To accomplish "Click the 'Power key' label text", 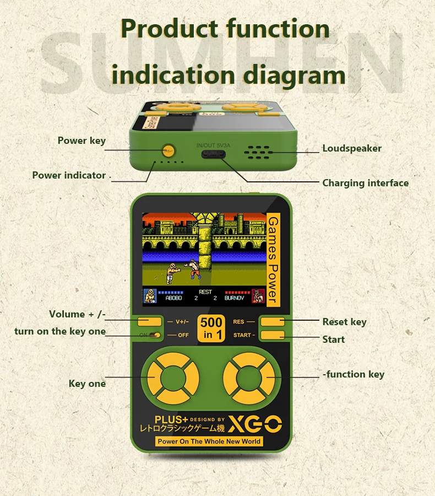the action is (x=81, y=141).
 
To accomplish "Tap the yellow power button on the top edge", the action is (x=168, y=149).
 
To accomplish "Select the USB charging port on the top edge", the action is (x=213, y=155).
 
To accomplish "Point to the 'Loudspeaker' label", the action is (x=351, y=148).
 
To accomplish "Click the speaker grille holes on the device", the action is (x=258, y=152).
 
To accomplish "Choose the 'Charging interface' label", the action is (x=365, y=183).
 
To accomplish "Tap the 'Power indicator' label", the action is (x=69, y=175).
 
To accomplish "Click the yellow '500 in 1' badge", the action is (x=212, y=328).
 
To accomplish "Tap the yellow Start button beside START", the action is (x=273, y=335).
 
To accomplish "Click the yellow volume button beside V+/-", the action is (x=150, y=321).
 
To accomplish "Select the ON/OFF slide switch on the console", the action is (x=156, y=335).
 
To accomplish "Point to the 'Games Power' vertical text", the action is (x=273, y=260).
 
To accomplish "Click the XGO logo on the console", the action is (x=260, y=424).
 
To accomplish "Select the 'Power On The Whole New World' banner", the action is (x=209, y=441).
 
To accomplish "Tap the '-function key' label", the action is (x=353, y=374).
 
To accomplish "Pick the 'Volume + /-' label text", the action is (x=77, y=314).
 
